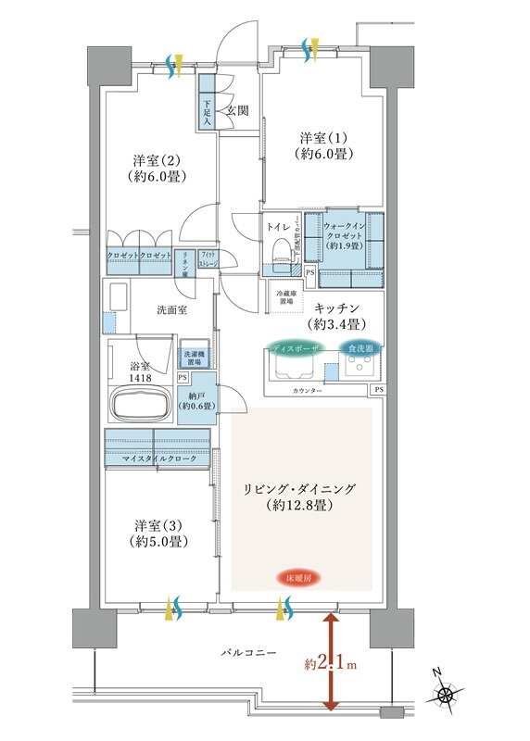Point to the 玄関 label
237,111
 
